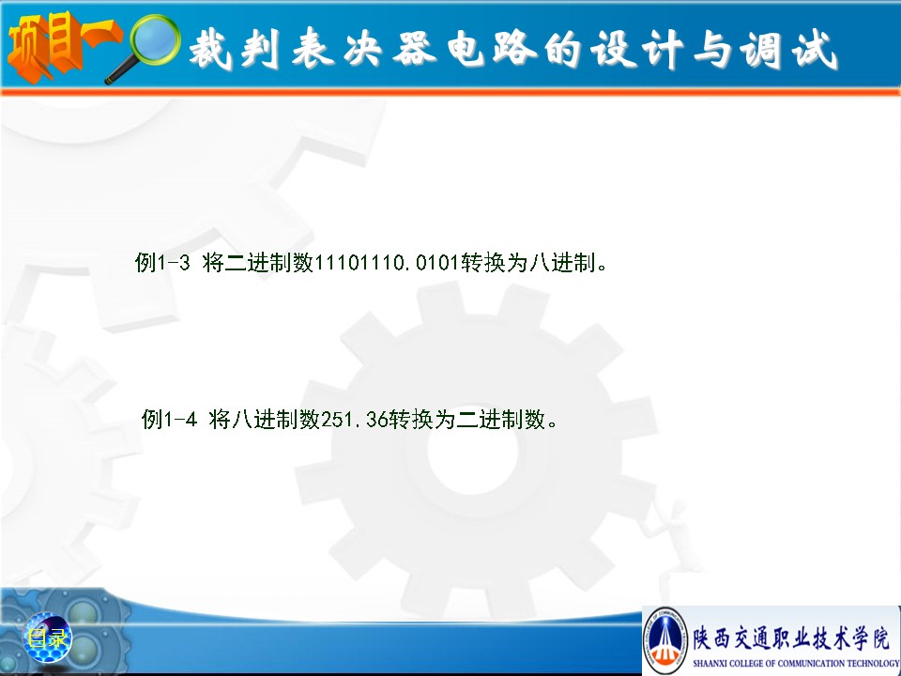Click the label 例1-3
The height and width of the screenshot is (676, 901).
click(x=162, y=263)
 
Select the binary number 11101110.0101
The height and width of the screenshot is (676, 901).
click(x=387, y=263)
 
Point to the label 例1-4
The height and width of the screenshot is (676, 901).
click(x=170, y=419)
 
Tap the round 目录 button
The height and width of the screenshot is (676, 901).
click(x=48, y=638)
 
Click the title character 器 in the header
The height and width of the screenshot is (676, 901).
click(x=415, y=48)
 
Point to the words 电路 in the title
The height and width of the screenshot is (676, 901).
click(x=492, y=48)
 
